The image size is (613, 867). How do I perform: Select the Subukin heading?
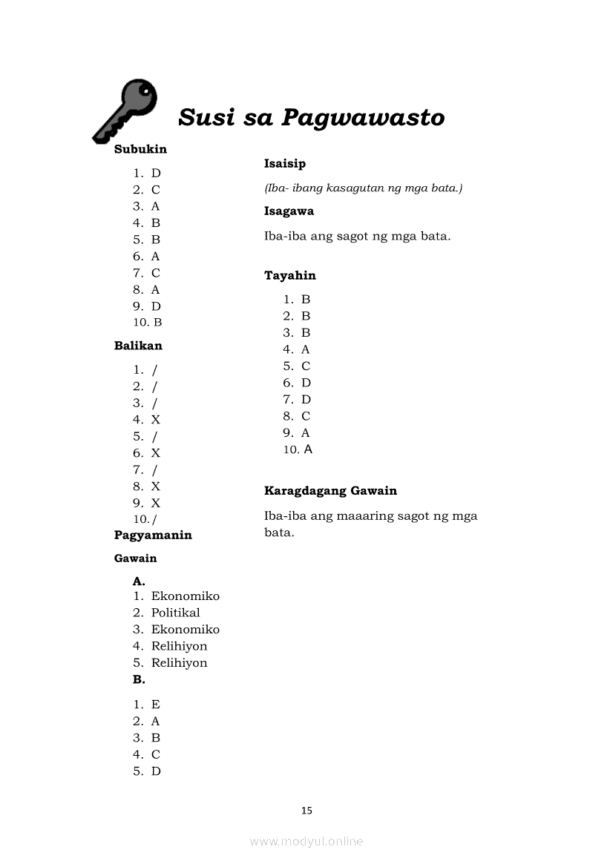tap(140, 149)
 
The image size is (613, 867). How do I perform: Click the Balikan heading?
tap(138, 346)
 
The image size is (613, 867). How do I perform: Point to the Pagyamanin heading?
tap(153, 535)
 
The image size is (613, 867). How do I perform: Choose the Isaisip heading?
tap(285, 163)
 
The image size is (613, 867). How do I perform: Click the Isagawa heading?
tap(289, 211)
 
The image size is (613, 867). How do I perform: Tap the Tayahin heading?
tap(290, 275)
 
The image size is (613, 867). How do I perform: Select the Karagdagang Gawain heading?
tap(330, 490)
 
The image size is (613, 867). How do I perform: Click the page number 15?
tap(306, 811)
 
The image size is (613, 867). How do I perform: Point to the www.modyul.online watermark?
tap(306, 841)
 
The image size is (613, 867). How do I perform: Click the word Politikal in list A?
tap(176, 613)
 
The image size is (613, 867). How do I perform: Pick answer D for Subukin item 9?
tap(156, 306)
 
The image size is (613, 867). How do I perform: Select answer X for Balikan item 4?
tap(156, 420)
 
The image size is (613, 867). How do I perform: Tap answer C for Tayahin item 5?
tap(306, 366)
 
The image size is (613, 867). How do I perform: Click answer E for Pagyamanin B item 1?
tap(156, 705)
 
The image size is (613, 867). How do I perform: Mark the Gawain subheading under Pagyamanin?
tap(136, 558)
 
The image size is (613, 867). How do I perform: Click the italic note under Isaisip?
tap(364, 188)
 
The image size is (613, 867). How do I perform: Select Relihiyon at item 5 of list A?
tap(180, 663)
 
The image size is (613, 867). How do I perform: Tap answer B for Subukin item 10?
tap(157, 323)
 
